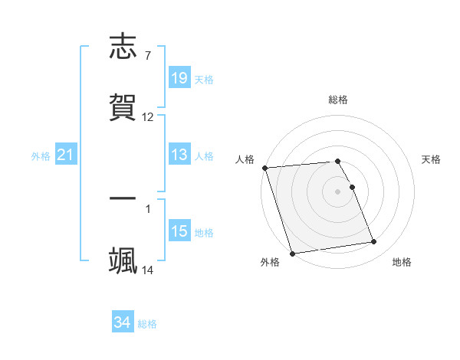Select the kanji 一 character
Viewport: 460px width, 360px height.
click(x=123, y=198)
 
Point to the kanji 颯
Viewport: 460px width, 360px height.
click(x=123, y=260)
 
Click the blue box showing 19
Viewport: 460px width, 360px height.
click(x=179, y=78)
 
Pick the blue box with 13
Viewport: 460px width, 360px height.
click(x=179, y=155)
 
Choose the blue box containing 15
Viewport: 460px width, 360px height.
click(x=179, y=231)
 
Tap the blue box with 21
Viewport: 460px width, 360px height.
click(x=66, y=155)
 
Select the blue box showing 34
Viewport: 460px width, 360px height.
click(x=123, y=322)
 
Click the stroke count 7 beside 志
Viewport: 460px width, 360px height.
click(x=147, y=55)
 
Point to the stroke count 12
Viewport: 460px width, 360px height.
click(x=148, y=117)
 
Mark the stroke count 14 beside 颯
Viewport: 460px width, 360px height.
click(x=148, y=270)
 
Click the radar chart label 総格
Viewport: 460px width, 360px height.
click(x=338, y=100)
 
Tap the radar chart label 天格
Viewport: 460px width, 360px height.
click(x=432, y=159)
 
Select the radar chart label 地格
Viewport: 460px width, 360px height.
click(x=402, y=263)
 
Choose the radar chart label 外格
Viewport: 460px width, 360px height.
click(x=270, y=263)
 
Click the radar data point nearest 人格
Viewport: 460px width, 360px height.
click(x=264, y=168)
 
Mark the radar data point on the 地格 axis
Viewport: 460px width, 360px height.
click(x=374, y=242)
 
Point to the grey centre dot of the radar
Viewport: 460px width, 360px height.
click(x=338, y=191)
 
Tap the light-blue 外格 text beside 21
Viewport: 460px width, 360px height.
click(x=41, y=155)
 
